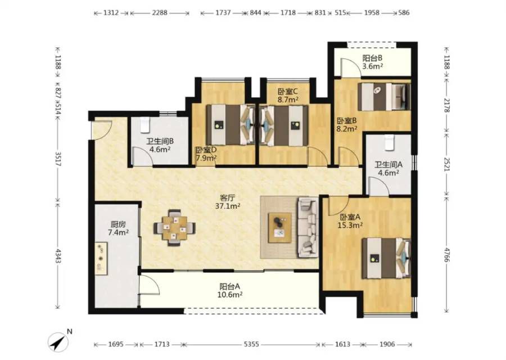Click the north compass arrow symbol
pos(58,342)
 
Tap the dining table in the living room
pos(174,228)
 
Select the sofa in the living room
pos(309,227)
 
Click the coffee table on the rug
pos(280,228)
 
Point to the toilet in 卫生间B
pos(145,125)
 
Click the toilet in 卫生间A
pos(390,143)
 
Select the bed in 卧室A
pos(386,259)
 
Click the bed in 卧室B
pos(385,97)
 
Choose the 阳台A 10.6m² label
pos(231,290)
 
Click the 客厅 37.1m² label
pos(228,202)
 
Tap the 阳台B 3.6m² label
pos(372,62)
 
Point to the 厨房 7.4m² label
pos(118,228)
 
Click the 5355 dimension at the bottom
pos(251,344)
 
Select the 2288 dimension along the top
pos(160,13)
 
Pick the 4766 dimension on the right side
pos(446,255)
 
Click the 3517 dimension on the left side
pos(58,159)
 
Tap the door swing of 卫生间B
pos(142,156)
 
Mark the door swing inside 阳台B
pos(348,67)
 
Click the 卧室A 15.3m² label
pos(350,221)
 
